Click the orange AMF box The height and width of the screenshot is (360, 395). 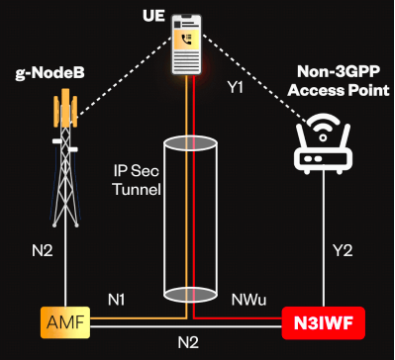[x=65, y=322]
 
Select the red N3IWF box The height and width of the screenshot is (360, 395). [x=324, y=323]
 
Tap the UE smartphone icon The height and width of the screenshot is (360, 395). [x=187, y=45]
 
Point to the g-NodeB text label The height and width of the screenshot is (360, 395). [x=49, y=74]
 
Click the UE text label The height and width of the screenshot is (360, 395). [x=153, y=16]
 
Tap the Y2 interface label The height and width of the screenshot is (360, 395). [x=343, y=251]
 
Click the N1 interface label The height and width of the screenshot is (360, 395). [x=117, y=300]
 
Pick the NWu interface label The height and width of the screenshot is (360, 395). [x=248, y=300]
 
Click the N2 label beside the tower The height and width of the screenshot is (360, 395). [x=42, y=251]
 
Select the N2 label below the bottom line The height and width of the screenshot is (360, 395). [x=188, y=343]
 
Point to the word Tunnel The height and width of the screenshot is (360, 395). [x=137, y=190]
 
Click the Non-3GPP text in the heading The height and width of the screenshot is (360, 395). [x=338, y=72]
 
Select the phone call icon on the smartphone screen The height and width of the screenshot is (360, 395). [x=187, y=40]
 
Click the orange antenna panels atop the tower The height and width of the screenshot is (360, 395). [x=65, y=108]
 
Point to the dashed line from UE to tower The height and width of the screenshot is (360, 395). [x=125, y=76]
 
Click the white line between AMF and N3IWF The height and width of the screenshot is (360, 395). [x=186, y=327]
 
